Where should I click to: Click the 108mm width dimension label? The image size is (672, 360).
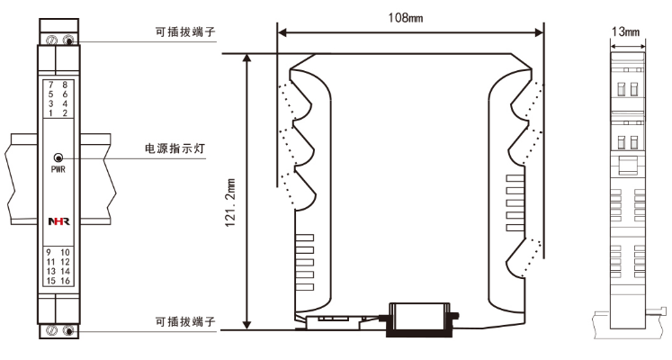(x=409, y=17)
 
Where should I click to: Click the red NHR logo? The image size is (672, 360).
(x=58, y=220)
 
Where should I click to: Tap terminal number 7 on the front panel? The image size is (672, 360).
(x=51, y=85)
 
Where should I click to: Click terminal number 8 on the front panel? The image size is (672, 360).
(x=65, y=85)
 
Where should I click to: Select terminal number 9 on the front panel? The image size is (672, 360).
(x=51, y=252)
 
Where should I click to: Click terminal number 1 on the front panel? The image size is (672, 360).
(x=51, y=113)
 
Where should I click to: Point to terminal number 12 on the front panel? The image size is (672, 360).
(x=66, y=262)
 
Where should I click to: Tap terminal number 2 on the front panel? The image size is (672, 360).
(x=65, y=113)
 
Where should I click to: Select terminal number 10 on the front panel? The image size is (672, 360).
(x=66, y=252)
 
